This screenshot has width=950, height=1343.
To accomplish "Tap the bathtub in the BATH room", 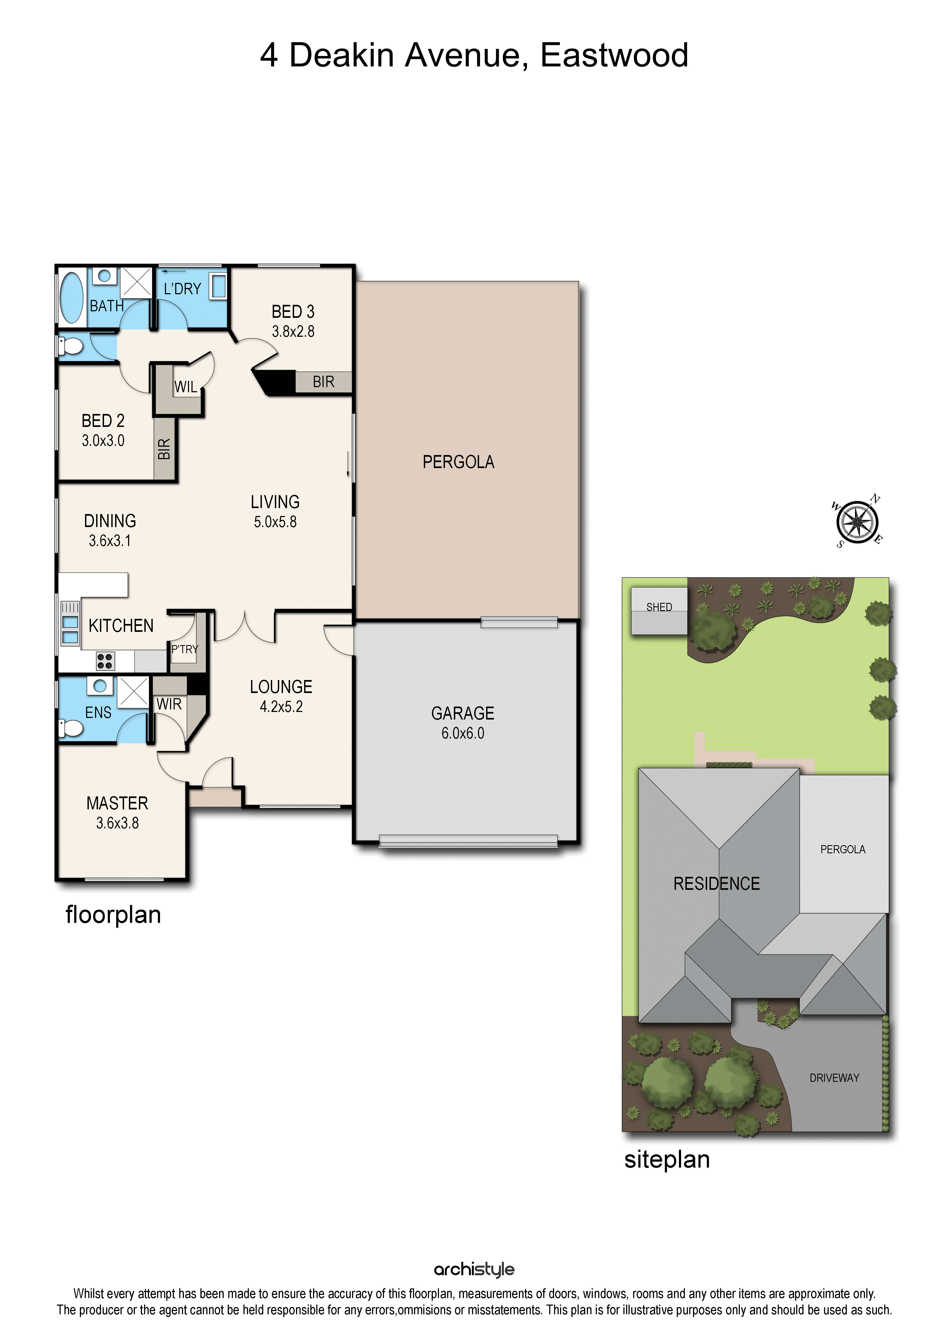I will (x=72, y=297).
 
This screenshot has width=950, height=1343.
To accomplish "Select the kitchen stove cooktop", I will (x=105, y=661).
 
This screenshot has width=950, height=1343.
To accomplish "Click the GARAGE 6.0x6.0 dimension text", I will (x=463, y=734).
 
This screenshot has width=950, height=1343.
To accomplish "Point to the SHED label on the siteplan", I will (x=659, y=607).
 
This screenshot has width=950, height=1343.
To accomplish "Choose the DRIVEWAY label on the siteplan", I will (x=834, y=1077).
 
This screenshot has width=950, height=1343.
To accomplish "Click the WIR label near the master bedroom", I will (x=169, y=704).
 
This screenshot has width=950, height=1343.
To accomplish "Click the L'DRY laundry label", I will (x=183, y=289).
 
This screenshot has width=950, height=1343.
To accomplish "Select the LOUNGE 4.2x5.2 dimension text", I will (x=281, y=707).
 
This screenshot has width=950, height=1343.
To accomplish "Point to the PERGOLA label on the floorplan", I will (x=459, y=462).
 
